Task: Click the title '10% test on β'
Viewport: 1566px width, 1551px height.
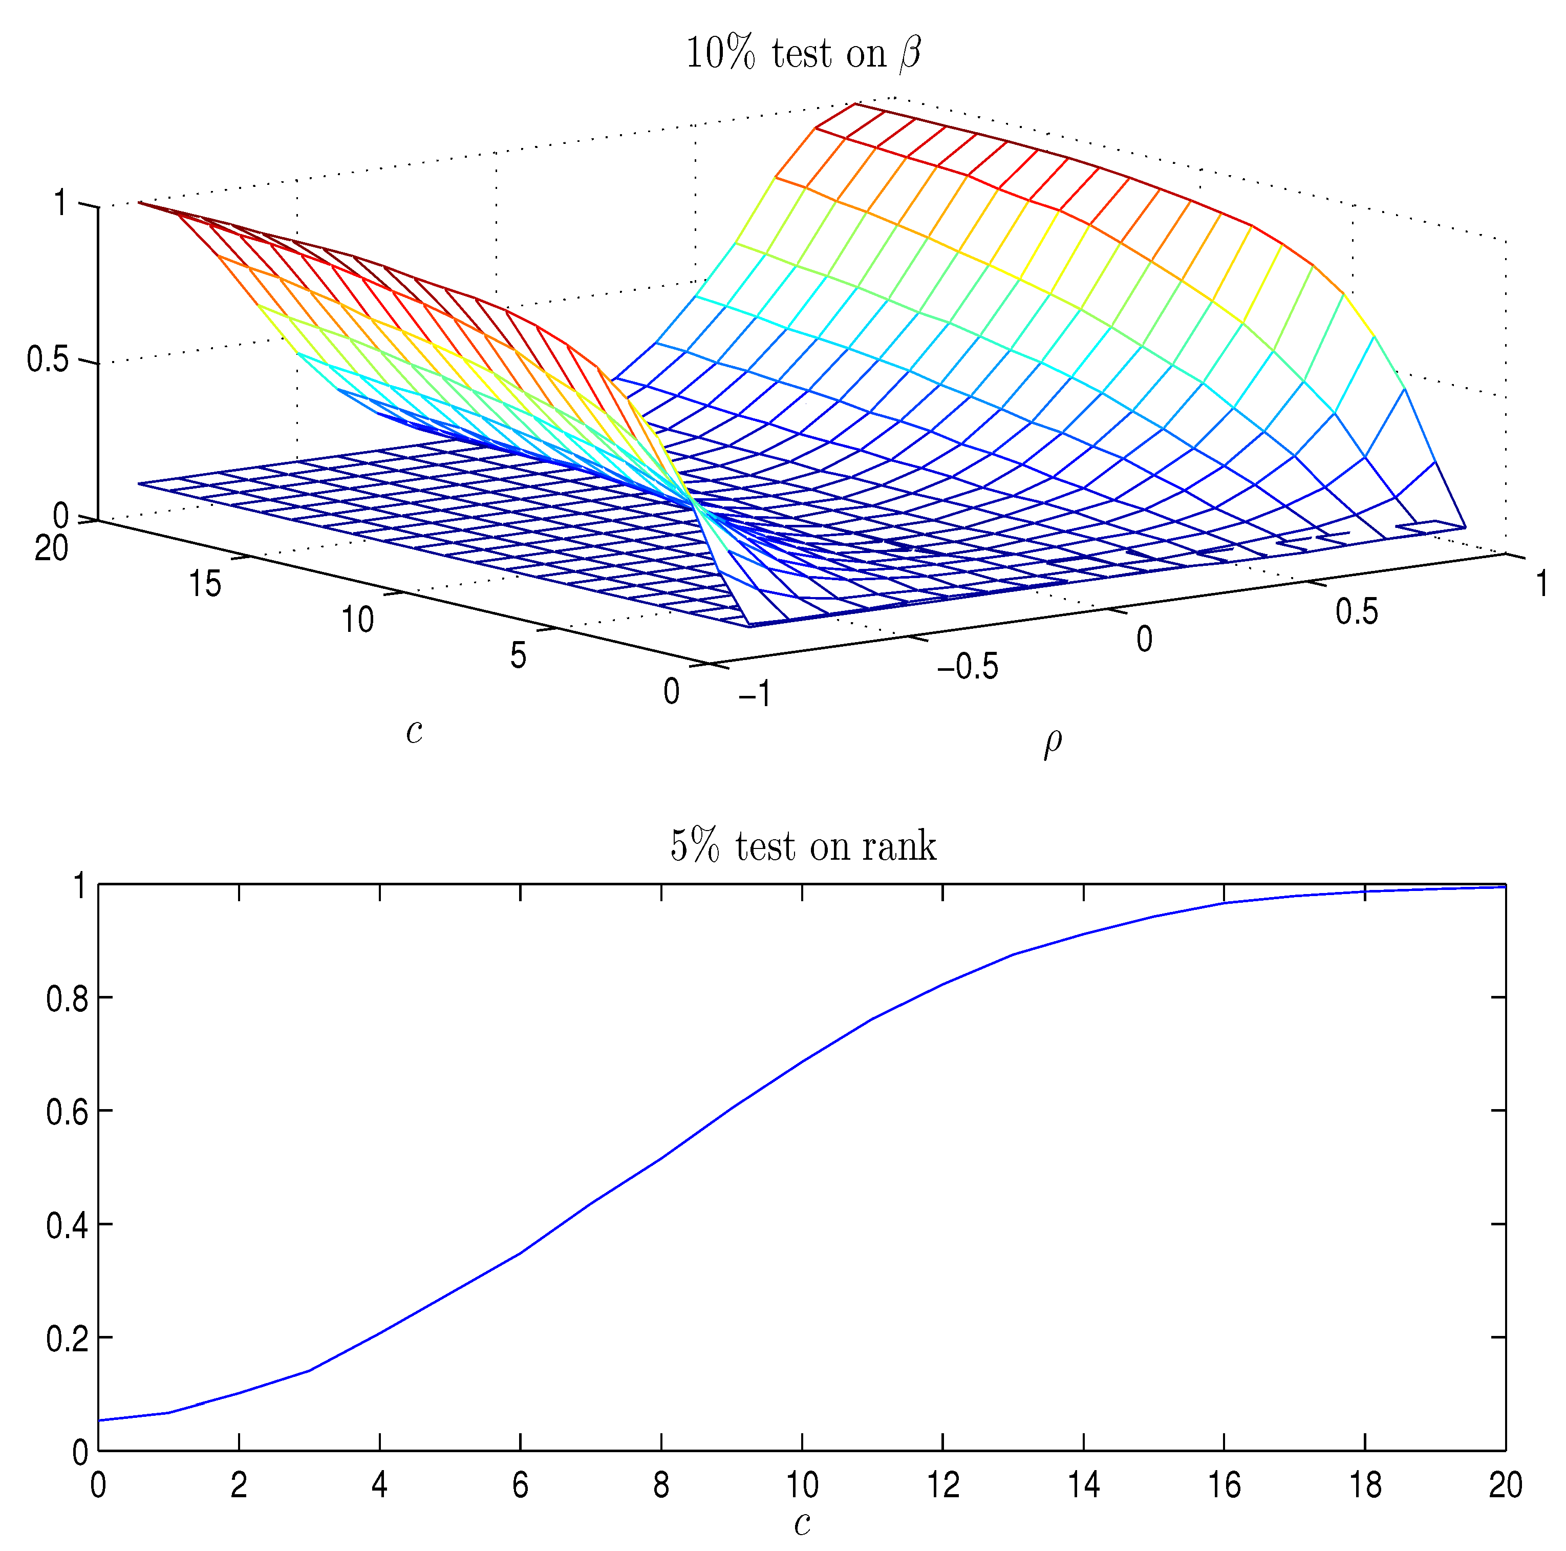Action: point(803,54)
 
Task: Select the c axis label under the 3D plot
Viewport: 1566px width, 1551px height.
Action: point(414,731)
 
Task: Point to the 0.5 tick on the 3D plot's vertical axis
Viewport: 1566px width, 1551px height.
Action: point(47,359)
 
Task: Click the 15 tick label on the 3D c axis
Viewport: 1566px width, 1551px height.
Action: point(205,584)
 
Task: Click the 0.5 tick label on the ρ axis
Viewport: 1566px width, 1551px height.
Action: point(1357,612)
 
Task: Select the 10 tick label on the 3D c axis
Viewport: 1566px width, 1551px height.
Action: point(357,620)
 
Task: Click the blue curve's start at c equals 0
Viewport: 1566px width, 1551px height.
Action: point(99,1420)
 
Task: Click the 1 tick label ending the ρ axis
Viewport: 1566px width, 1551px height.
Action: point(1542,584)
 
